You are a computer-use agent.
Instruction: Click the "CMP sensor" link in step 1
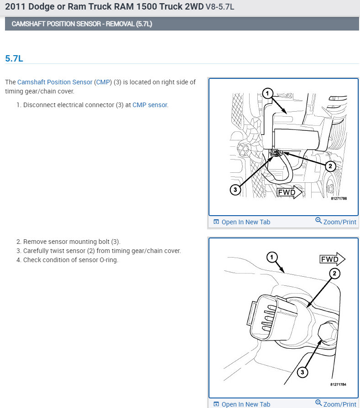click(x=150, y=105)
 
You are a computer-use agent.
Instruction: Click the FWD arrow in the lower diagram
click(x=332, y=260)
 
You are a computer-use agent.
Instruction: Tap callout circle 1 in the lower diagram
click(x=272, y=258)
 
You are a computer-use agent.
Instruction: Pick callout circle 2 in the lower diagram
click(x=334, y=273)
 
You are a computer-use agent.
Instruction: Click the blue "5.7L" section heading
click(x=15, y=58)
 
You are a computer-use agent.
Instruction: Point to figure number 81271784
click(x=338, y=384)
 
